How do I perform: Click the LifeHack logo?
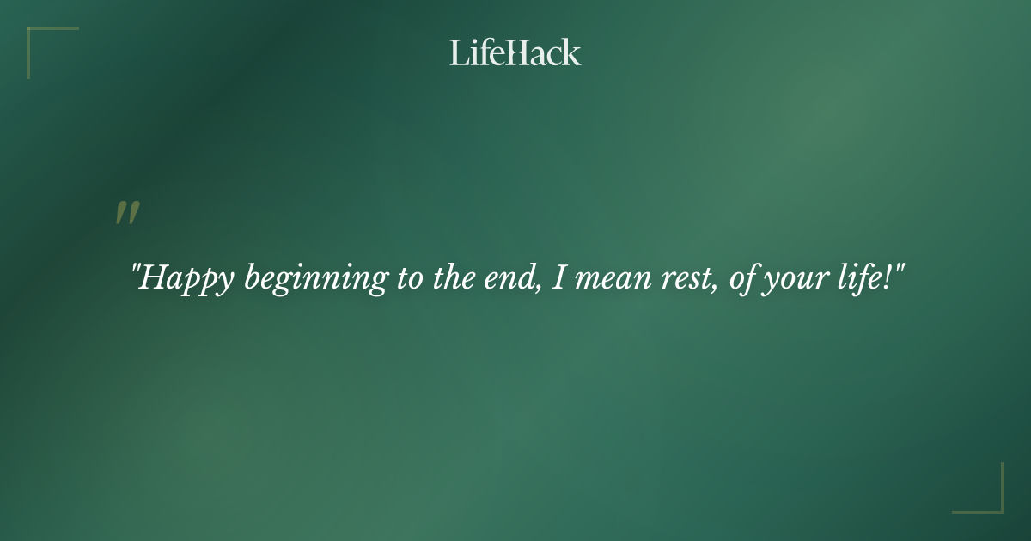point(515,52)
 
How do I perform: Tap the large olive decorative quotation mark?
point(127,213)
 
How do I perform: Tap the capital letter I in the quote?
point(558,278)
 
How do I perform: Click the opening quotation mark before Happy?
point(135,269)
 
